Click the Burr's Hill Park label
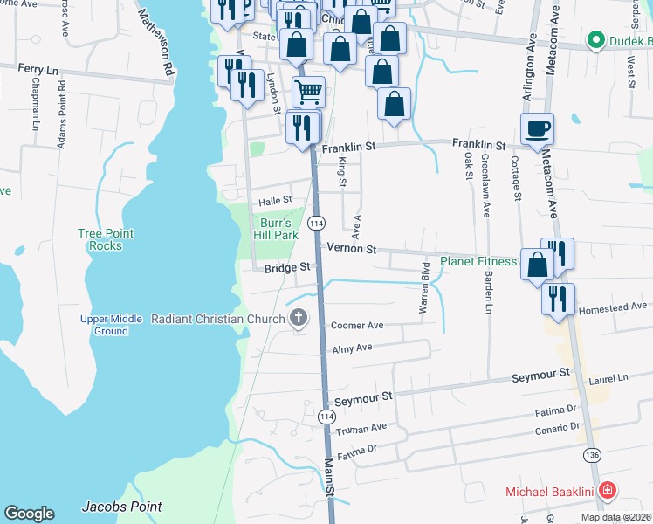(277, 229)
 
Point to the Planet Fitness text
(478, 261)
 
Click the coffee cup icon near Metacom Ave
(537, 129)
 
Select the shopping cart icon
(307, 91)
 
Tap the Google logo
(29, 514)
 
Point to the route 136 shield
(591, 456)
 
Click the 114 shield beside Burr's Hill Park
(316, 224)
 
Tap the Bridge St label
(288, 268)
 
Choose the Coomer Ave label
(357, 326)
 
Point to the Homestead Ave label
(615, 307)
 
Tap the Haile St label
(274, 200)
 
